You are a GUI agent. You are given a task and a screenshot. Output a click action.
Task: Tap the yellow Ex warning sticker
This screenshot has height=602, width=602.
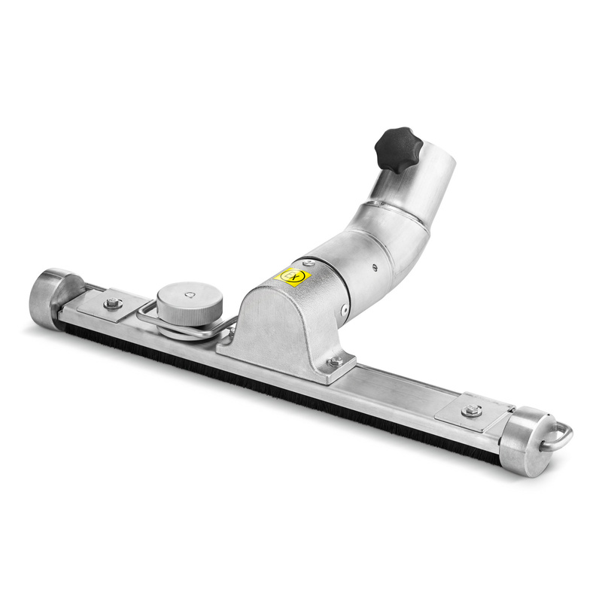tap(293, 276)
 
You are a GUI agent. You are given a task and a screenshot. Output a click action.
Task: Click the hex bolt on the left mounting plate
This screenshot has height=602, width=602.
tap(112, 303)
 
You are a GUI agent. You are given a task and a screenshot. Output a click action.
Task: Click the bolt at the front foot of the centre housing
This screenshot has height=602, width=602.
tap(335, 362)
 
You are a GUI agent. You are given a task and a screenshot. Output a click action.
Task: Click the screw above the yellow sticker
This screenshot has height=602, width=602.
tap(308, 263)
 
